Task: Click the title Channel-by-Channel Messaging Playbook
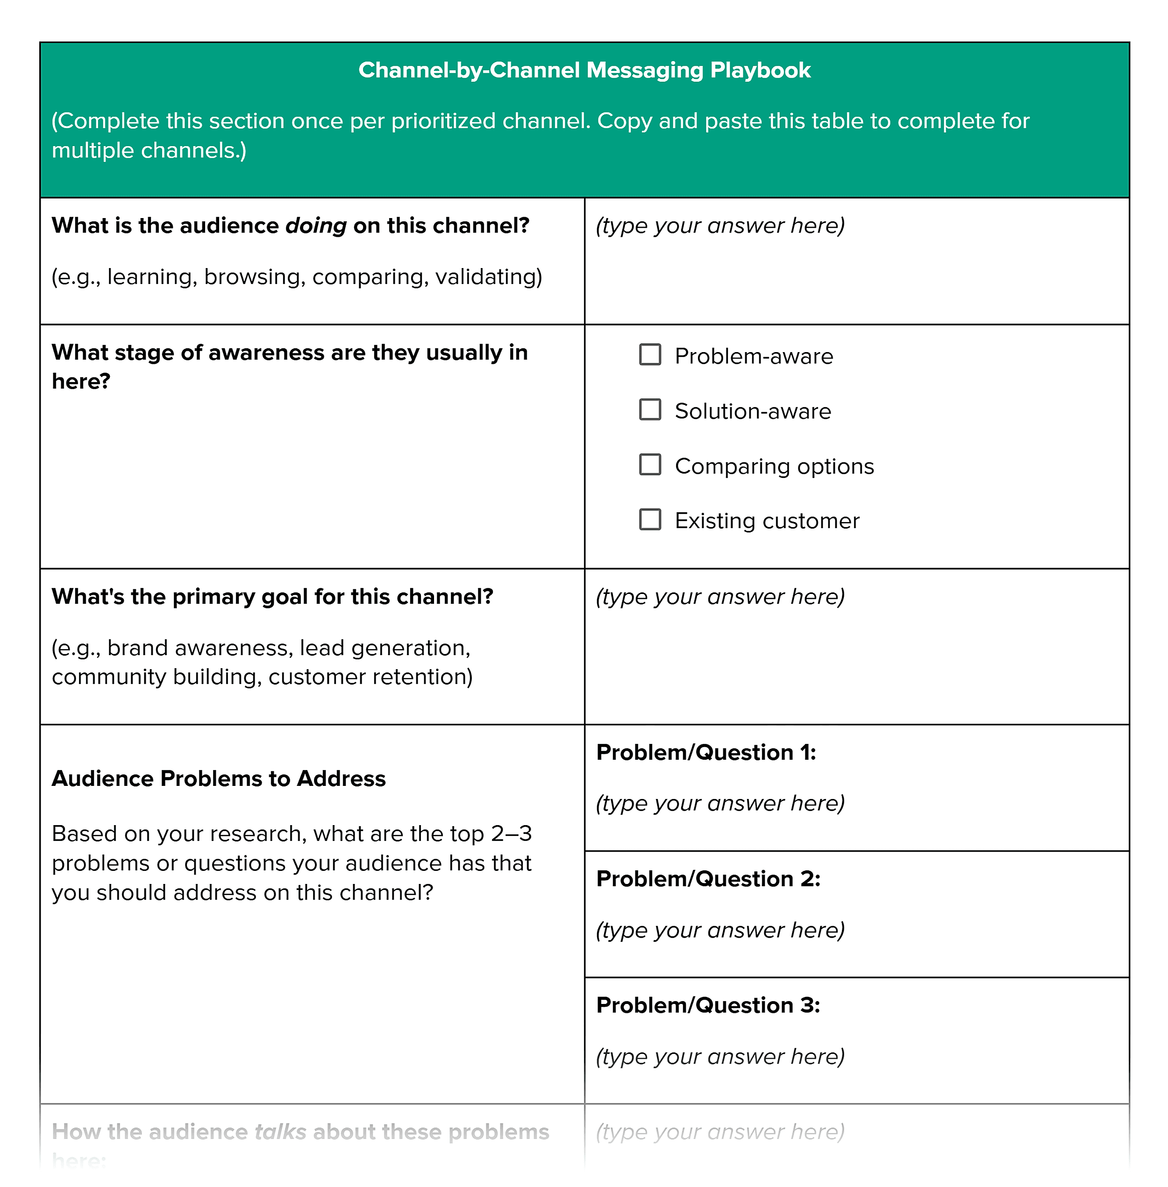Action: tap(584, 70)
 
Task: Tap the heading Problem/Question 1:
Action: tap(705, 752)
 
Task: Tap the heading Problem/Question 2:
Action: tap(708, 879)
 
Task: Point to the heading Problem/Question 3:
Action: tap(708, 1005)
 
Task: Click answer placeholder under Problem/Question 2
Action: tap(720, 930)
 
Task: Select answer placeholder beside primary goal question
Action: tap(720, 597)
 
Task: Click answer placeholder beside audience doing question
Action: tap(720, 226)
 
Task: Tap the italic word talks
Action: tap(280, 1132)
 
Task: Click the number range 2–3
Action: tap(511, 834)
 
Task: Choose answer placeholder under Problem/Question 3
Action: tap(720, 1056)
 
